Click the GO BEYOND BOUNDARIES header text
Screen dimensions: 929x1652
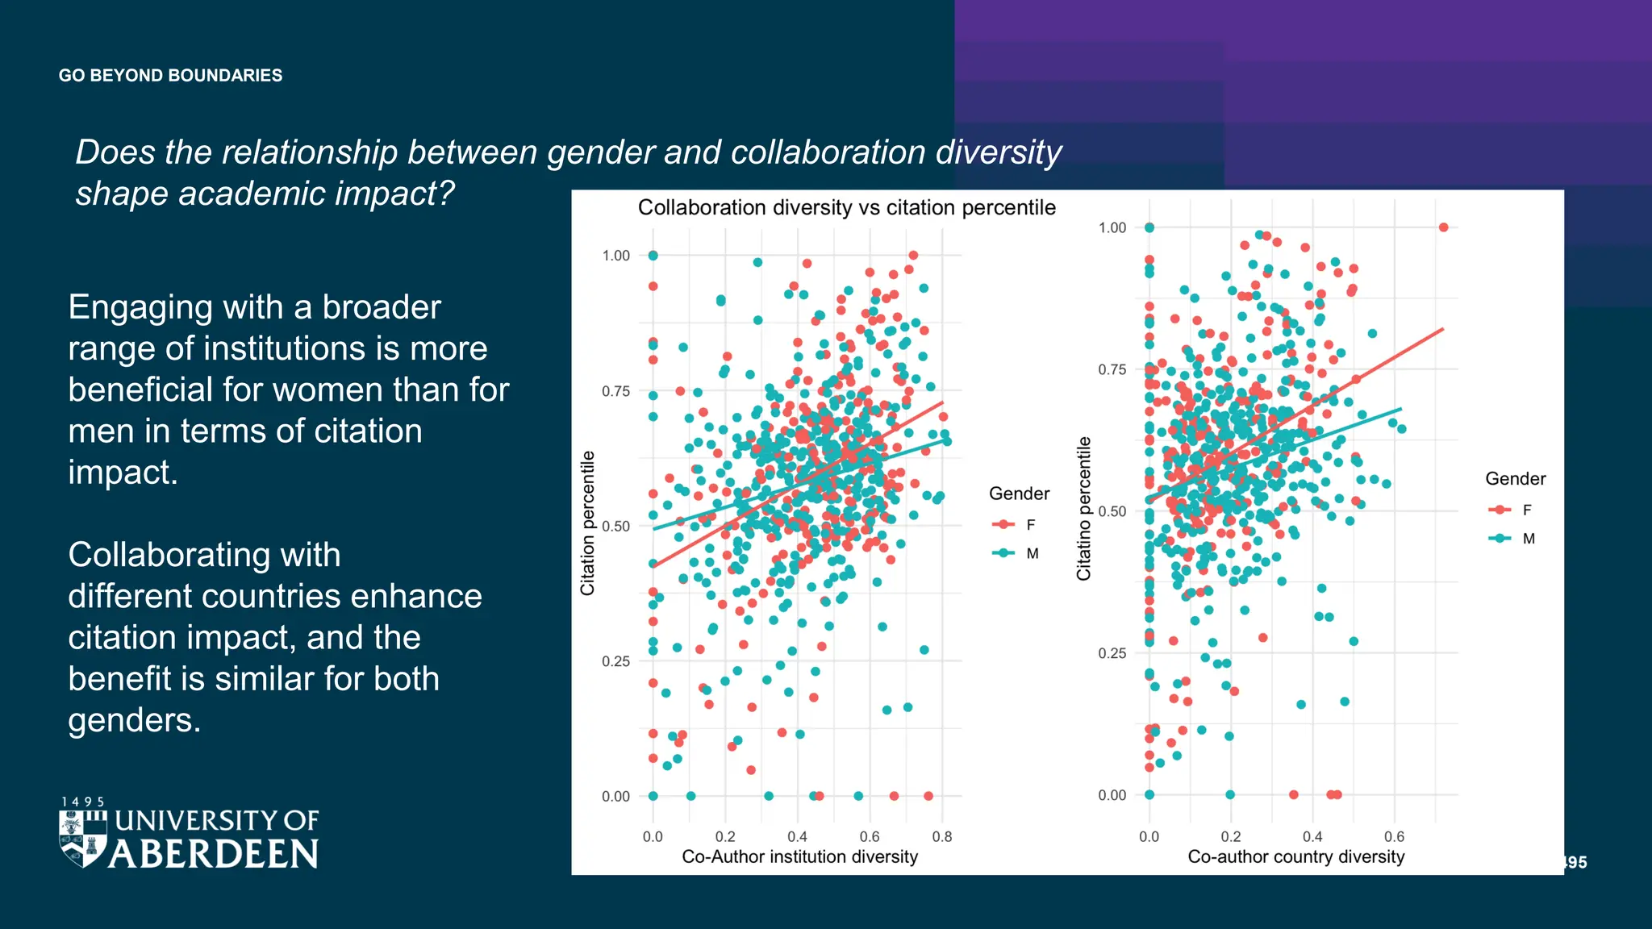(170, 76)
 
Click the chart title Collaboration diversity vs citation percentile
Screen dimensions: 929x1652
(846, 208)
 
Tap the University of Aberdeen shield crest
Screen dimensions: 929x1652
(83, 839)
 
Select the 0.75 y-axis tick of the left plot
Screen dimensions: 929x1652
(615, 391)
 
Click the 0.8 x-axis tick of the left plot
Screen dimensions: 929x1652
(941, 837)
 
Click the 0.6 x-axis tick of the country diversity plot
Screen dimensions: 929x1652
(1394, 837)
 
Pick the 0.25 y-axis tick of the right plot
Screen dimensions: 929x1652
(1112, 653)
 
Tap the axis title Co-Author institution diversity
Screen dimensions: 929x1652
(799, 857)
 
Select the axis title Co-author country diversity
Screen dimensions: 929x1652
(1295, 857)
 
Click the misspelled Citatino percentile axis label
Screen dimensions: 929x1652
(1083, 509)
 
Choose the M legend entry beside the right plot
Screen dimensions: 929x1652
(1512, 539)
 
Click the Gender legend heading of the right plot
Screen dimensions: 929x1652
(1515, 479)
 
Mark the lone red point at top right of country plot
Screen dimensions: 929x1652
(1443, 227)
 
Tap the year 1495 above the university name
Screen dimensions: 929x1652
(83, 802)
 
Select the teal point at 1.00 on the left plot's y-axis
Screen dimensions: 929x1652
(653, 256)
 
